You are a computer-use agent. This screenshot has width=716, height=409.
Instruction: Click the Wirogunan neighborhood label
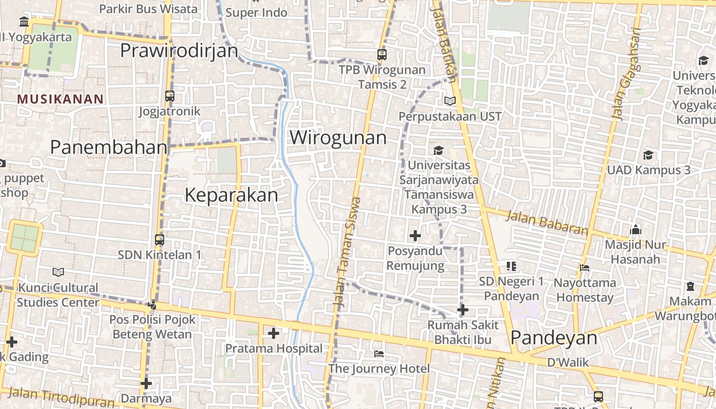pos(338,138)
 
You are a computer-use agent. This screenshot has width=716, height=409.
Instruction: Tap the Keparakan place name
pos(231,195)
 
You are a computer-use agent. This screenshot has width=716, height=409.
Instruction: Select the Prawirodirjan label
pos(179,51)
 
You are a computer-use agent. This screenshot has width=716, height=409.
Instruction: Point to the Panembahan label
pos(108,147)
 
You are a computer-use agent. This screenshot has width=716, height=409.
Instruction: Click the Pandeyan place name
pos(554,338)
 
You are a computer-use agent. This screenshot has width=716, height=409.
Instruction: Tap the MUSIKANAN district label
pos(60,99)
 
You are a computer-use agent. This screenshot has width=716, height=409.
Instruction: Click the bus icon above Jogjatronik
pos(169,96)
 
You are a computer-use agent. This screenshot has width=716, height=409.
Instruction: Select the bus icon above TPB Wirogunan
pos(382,54)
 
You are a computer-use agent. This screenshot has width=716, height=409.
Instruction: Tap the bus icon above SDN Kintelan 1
pos(160,239)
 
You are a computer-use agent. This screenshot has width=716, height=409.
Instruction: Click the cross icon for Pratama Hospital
pos(274,334)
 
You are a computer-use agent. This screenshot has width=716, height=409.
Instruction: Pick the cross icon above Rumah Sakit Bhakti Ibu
pos(462,310)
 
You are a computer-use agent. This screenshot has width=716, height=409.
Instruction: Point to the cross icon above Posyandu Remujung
pos(415,236)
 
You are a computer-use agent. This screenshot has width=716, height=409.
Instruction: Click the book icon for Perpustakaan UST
pos(450,101)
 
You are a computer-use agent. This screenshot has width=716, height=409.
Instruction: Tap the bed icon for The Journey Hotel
pos(379,354)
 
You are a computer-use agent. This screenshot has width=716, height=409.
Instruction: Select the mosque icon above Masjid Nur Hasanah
pos(636,230)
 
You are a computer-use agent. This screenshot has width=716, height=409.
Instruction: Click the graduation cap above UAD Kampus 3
pos(648,155)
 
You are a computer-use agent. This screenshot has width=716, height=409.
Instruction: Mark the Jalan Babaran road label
pos(547,223)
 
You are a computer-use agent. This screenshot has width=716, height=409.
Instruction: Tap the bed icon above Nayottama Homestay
pos(585,267)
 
